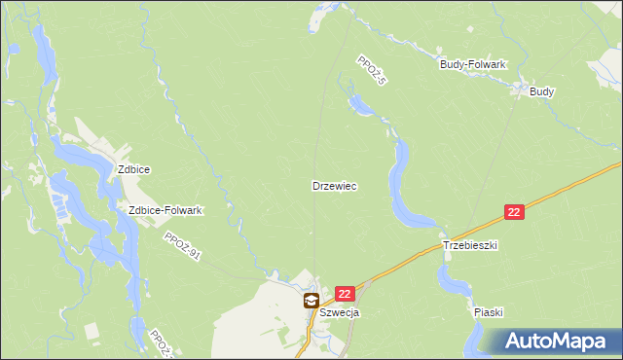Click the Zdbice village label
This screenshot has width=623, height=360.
coord(133,168)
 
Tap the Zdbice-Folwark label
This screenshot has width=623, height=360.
coord(165,210)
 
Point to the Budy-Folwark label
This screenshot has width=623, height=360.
coord(473,64)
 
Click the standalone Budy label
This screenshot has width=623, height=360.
coord(542,91)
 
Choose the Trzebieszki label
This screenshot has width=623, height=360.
coord(470,246)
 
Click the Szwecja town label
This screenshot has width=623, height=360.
coord(340,312)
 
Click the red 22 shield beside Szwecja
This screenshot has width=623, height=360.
coord(345,292)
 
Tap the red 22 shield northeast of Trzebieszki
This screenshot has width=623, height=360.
coord(515,211)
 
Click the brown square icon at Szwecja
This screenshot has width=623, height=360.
coord(311,301)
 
